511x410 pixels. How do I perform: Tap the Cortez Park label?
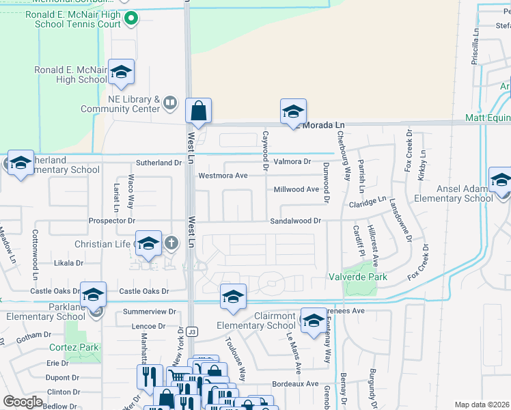[x=74, y=347]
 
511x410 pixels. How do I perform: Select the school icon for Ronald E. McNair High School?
[x=121, y=72]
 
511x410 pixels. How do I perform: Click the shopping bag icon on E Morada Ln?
[x=198, y=111]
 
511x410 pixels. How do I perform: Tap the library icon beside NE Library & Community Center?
[x=170, y=105]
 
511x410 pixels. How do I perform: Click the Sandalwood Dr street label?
[x=295, y=221]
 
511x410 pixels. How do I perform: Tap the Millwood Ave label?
[x=296, y=189]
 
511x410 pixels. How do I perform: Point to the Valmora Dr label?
[x=292, y=162]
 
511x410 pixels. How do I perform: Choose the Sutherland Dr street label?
[x=158, y=163]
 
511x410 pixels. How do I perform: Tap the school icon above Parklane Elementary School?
[x=94, y=295]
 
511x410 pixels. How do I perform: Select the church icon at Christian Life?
[x=171, y=242]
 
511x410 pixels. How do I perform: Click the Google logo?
[x=23, y=401]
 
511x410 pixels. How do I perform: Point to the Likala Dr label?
[x=69, y=262]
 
